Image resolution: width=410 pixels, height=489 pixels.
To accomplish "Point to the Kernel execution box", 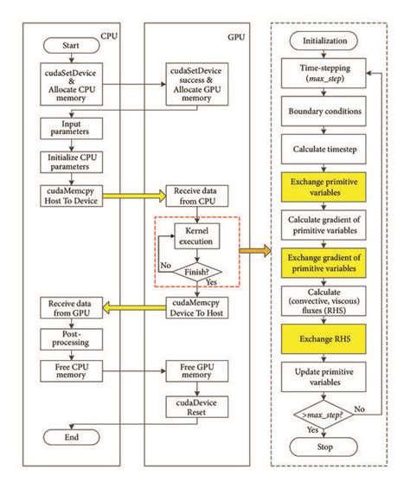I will [x=200, y=235].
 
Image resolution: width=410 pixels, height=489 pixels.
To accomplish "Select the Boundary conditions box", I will [x=324, y=112].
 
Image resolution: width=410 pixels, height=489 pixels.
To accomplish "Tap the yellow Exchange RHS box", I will [x=324, y=333].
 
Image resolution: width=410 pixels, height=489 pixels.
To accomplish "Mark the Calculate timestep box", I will [x=324, y=148].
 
